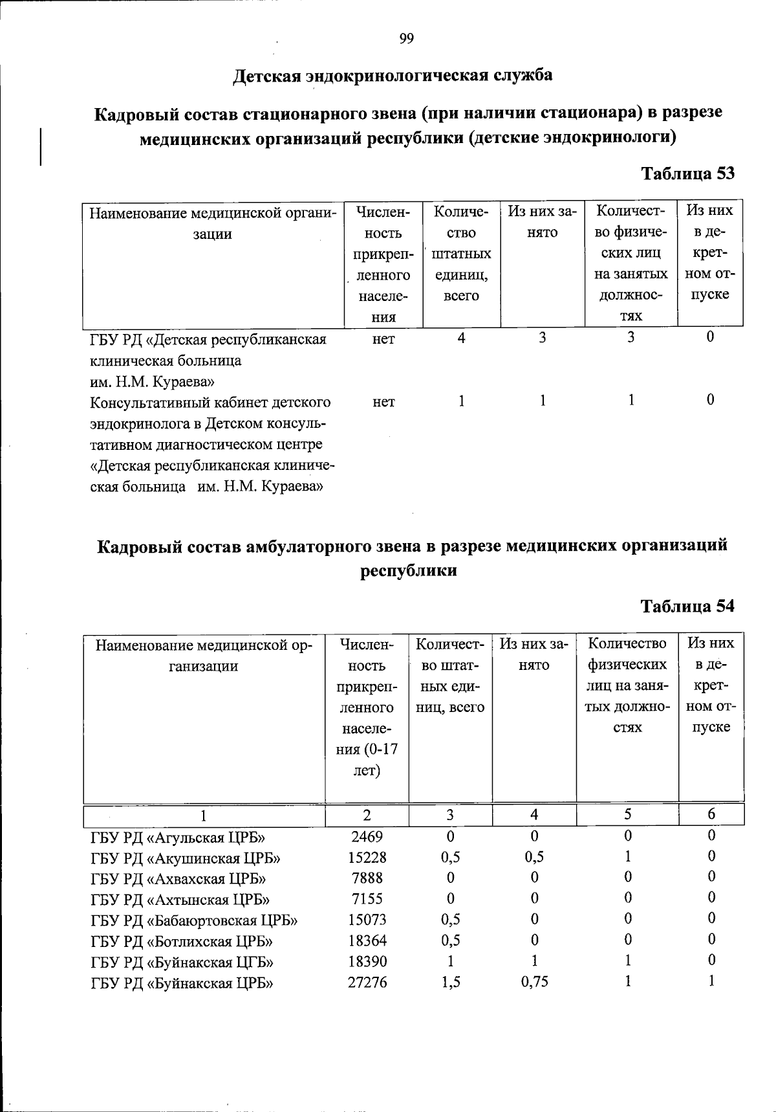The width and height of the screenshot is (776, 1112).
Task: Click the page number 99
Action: pos(406,39)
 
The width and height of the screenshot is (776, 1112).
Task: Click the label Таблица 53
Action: pos(687,173)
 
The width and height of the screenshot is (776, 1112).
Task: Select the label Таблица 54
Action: pos(687,606)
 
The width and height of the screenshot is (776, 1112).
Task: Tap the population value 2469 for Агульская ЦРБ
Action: pos(367,836)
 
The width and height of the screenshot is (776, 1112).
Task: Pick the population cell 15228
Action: pos(367,858)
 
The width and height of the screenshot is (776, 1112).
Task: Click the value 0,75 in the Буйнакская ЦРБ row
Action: pos(534,982)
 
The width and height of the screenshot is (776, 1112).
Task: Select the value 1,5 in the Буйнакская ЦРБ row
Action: pos(451,982)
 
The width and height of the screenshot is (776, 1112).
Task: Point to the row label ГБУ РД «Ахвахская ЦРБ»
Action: pos(178,879)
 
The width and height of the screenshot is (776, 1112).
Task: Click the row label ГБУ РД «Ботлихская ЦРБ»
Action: pos(182,941)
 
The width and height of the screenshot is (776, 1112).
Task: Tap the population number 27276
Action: pos(367,983)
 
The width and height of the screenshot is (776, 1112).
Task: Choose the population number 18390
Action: pos(367,962)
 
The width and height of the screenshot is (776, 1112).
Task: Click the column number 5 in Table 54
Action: pos(627,814)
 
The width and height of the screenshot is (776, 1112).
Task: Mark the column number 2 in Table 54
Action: pos(367,814)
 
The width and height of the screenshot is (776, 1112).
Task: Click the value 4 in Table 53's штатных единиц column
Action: pos(461,337)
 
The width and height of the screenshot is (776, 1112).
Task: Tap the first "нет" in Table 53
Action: pos(383,339)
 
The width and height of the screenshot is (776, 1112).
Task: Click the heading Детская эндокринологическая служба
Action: pos(393,76)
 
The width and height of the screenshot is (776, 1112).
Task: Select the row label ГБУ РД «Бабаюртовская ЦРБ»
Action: pos(194,920)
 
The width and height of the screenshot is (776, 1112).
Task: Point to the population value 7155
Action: pos(367,899)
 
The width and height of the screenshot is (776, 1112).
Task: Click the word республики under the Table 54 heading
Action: pos(407,571)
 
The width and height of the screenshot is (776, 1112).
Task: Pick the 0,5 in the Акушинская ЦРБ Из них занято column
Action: pos(534,857)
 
